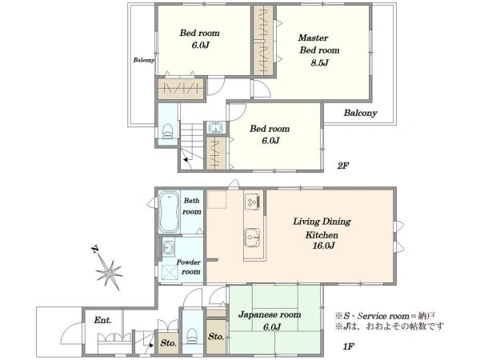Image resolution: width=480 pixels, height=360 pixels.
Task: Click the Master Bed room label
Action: pos(318,44)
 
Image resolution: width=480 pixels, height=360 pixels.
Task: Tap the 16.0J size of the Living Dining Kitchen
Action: pos(323,246)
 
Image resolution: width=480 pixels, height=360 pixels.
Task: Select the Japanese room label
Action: pos(270,314)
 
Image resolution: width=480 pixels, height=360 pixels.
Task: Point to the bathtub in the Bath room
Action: pos(169,212)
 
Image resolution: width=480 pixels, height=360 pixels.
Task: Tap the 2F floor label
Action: pos(342,166)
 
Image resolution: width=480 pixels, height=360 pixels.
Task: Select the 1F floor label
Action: pos(348,346)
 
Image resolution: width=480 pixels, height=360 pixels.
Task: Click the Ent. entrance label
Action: pos(102,320)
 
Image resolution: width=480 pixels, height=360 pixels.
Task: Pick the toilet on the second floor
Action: pos(168,131)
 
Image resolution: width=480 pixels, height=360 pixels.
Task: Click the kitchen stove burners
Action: pos(254,202)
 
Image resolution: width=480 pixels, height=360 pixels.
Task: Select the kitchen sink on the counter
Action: pos(252,238)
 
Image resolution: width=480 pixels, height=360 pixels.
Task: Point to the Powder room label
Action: pos(189,266)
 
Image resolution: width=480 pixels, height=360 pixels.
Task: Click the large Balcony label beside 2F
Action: pos(360,113)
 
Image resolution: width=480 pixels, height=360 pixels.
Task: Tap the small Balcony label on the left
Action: pos(144,60)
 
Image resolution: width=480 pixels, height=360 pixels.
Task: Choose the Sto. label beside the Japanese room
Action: pos(216,337)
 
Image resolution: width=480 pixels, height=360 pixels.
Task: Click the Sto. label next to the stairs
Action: pos(168,343)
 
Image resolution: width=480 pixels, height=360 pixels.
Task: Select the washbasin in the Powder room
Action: pos(168,247)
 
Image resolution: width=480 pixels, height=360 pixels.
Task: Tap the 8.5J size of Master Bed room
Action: pos(319,62)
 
